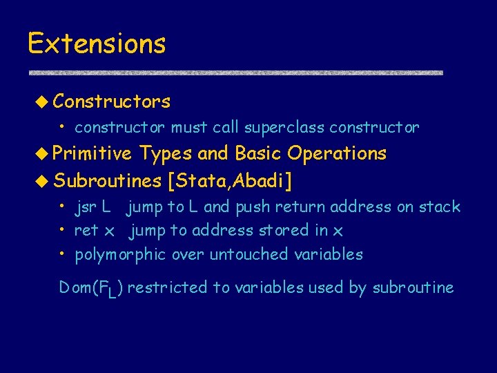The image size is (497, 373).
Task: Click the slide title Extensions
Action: tap(97, 44)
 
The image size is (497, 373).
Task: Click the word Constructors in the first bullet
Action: tap(112, 102)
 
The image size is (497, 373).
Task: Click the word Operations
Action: tap(337, 153)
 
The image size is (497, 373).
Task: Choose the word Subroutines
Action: tap(107, 181)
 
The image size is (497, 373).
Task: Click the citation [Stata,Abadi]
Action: tap(229, 181)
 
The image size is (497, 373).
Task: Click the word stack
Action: tap(440, 207)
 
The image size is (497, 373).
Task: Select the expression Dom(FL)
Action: tap(91, 288)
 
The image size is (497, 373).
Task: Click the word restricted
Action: tap(159, 287)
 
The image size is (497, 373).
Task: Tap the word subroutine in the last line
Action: tap(413, 287)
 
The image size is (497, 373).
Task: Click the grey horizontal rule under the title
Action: tap(235, 73)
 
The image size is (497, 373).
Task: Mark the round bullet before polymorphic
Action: tap(62, 254)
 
